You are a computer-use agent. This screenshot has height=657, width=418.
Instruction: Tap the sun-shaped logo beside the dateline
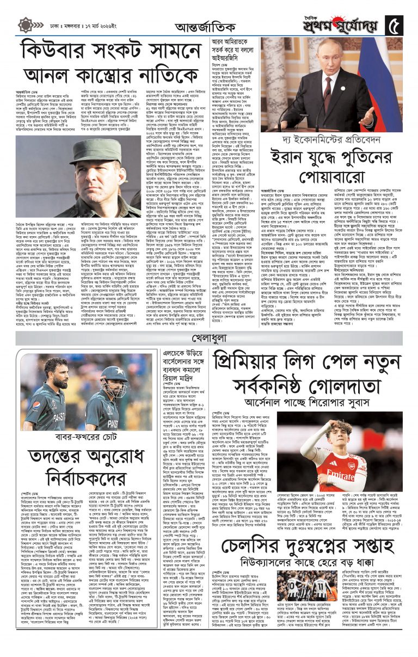click(26, 25)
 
